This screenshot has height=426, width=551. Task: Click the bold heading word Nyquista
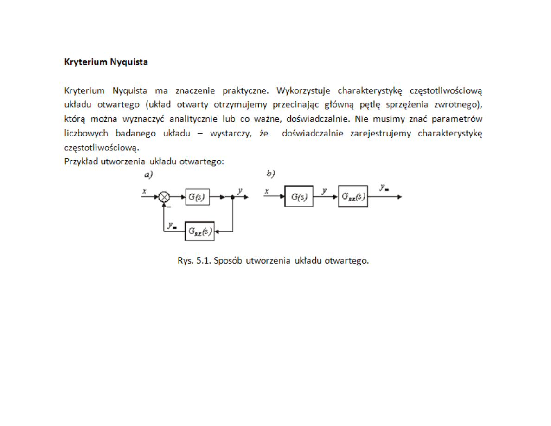pyautogui.click(x=129, y=62)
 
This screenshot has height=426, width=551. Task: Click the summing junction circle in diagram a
pyautogui.click(x=164, y=197)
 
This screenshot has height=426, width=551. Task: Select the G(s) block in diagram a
pyautogui.click(x=197, y=197)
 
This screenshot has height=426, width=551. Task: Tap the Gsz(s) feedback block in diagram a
pyautogui.click(x=200, y=231)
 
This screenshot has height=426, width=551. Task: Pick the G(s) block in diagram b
pyautogui.click(x=299, y=197)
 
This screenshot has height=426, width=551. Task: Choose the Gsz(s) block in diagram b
pyautogui.click(x=353, y=197)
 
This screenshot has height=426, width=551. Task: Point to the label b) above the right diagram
pyautogui.click(x=271, y=174)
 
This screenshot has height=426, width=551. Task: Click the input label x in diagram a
pyautogui.click(x=145, y=191)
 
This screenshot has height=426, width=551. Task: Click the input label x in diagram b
pyautogui.click(x=267, y=191)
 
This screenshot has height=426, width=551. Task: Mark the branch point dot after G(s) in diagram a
pyautogui.click(x=233, y=197)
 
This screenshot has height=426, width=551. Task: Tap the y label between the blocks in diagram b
pyautogui.click(x=324, y=190)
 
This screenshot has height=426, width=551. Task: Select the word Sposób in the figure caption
pyautogui.click(x=229, y=260)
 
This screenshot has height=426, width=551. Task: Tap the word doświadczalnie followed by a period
pyautogui.click(x=323, y=119)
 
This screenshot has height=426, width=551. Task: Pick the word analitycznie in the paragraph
pyautogui.click(x=188, y=119)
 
